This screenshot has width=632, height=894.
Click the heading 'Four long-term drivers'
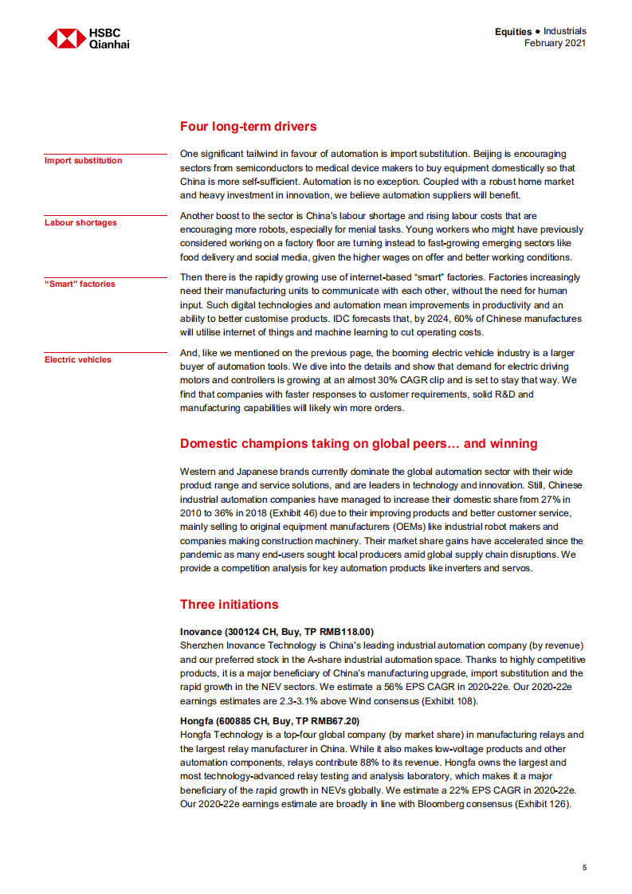[x=248, y=127]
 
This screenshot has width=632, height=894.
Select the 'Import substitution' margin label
[x=84, y=161]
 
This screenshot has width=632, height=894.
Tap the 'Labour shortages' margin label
[x=80, y=223]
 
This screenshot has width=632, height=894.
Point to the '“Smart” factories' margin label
[x=80, y=284]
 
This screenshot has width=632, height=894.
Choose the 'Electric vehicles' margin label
[x=78, y=360]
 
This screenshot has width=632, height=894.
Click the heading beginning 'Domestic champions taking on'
[x=359, y=444]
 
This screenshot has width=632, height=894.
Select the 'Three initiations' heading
[x=229, y=605]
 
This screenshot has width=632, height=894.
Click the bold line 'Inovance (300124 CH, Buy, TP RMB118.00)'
[x=277, y=632]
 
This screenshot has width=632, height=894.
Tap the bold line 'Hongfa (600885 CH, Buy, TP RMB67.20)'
[x=269, y=721]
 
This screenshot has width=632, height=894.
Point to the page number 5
[x=584, y=868]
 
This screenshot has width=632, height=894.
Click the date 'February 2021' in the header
[x=555, y=43]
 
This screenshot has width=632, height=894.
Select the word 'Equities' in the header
[x=512, y=32]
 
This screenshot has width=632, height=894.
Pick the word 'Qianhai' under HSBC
[x=110, y=45]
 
